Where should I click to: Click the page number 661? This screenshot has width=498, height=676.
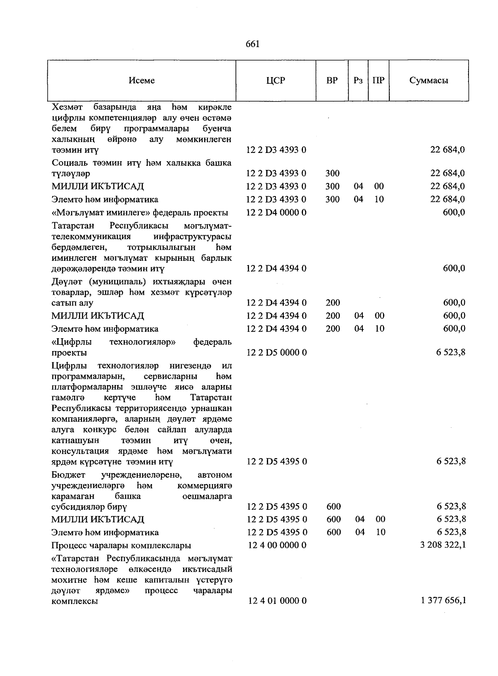click(252, 44)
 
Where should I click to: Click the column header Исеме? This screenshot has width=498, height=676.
click(142, 80)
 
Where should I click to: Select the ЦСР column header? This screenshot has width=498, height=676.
click(276, 80)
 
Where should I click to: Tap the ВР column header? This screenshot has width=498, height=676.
click(332, 80)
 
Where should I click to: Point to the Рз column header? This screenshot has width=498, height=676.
click(358, 80)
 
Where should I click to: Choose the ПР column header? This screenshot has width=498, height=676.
click(378, 80)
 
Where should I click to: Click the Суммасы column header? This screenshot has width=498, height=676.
click(429, 80)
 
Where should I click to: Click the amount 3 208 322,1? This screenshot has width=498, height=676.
click(443, 545)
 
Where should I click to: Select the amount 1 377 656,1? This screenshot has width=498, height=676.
click(443, 600)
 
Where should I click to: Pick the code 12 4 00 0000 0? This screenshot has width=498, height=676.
click(277, 545)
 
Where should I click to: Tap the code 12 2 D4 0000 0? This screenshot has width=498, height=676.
click(276, 213)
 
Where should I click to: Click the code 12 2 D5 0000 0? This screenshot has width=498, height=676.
click(276, 353)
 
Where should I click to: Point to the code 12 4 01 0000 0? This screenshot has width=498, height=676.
click(277, 600)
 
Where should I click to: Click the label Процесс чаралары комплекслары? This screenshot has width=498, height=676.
click(121, 545)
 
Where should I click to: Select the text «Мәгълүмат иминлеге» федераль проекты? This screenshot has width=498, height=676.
click(140, 213)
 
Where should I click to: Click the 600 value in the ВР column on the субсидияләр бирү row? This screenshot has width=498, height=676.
click(334, 506)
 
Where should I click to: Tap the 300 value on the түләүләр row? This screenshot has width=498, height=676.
click(332, 173)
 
